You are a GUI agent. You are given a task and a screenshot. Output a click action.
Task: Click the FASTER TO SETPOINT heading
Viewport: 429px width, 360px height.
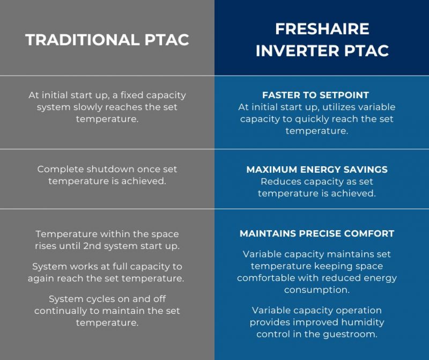(x=315, y=95)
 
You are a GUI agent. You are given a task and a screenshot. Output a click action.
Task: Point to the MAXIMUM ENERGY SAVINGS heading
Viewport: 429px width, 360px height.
(x=316, y=170)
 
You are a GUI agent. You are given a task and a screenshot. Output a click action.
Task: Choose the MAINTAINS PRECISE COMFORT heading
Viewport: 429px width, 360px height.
(x=316, y=234)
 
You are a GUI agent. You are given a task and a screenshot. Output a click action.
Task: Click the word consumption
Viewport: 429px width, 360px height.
(x=316, y=290)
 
